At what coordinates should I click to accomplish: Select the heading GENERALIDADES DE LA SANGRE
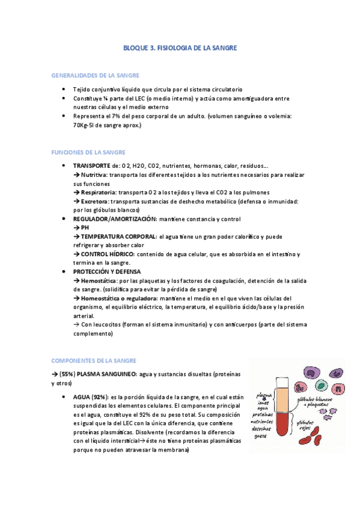point(96,75)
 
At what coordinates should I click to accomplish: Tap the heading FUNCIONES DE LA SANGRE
point(89,152)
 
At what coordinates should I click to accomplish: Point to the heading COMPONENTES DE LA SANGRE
point(94,360)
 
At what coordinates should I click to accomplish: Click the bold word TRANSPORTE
point(91,165)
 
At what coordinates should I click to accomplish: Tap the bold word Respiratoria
point(94,192)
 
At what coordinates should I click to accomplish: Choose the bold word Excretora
point(91,201)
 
